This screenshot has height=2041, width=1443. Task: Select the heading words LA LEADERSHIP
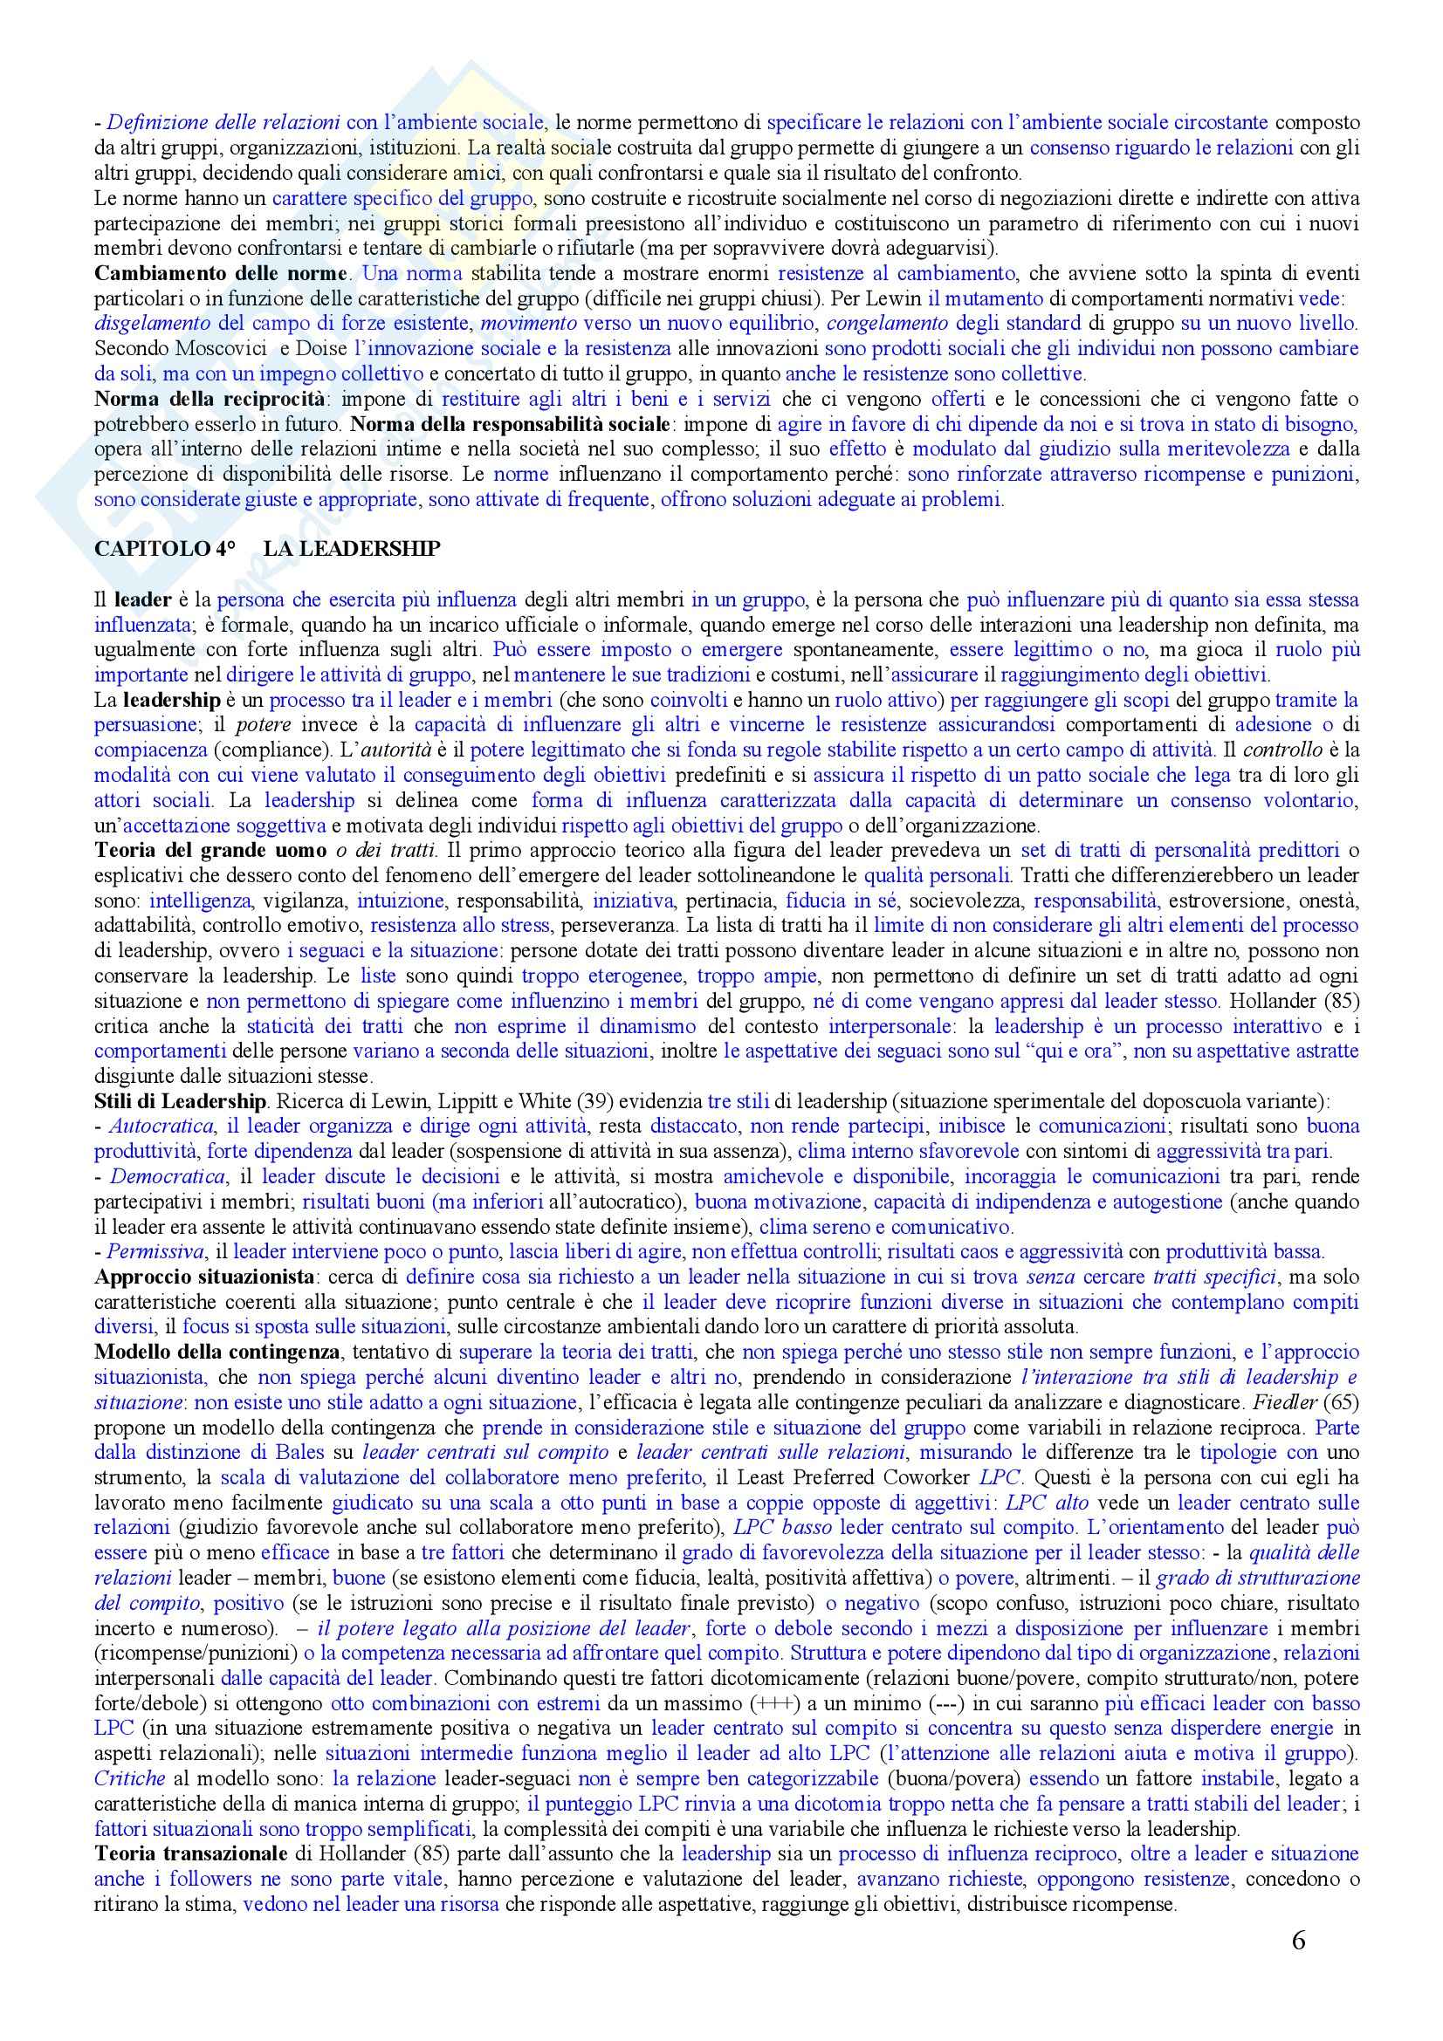351,549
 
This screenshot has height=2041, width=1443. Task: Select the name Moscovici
203,347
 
